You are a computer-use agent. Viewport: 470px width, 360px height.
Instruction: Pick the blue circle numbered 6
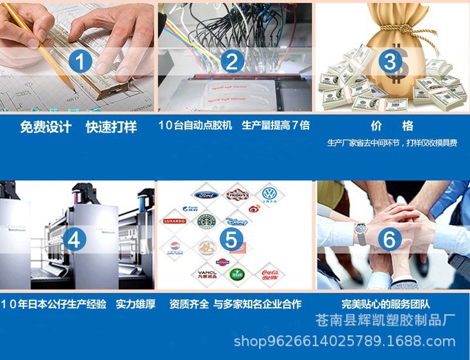pos(390,240)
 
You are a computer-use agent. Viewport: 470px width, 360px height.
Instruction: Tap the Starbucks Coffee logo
pos(206,221)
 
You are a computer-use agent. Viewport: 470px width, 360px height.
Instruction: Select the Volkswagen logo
pos(269,193)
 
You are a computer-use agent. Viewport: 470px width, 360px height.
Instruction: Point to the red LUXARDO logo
pos(174,221)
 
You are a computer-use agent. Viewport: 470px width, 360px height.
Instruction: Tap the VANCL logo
pos(206,274)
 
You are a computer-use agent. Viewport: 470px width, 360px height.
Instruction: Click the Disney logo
pos(238,221)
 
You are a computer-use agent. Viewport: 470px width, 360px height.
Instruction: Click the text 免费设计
pos(46,127)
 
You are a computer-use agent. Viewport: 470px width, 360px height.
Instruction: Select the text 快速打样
pos(111,127)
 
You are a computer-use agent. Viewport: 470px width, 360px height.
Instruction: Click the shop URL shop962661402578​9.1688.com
pos(344,341)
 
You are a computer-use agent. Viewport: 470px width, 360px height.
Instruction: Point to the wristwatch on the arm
pos(361,233)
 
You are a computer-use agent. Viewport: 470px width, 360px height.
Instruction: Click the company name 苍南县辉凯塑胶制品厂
pos(385,321)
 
